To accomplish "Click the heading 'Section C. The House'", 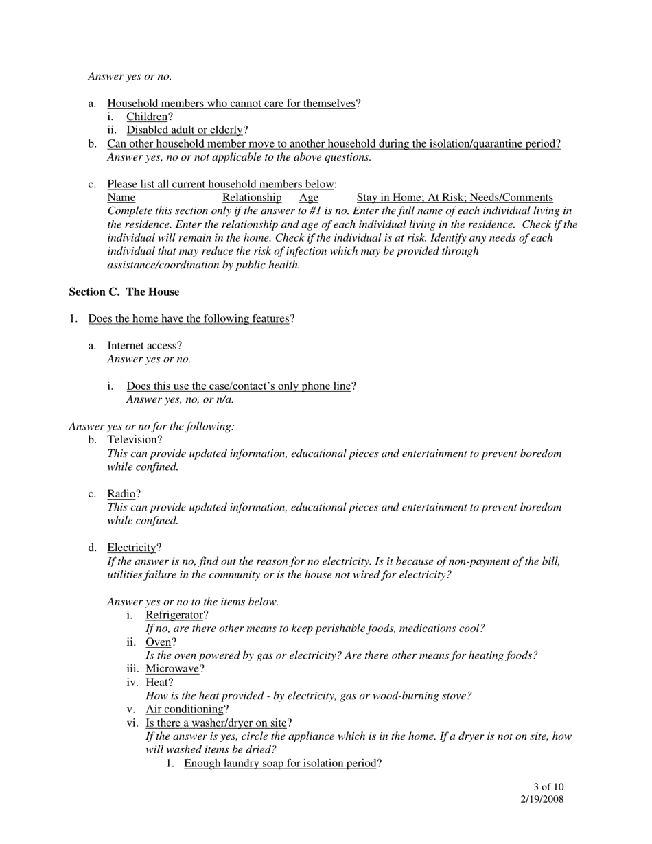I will pyautogui.click(x=124, y=292).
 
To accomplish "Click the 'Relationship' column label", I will pyautogui.click(x=252, y=198).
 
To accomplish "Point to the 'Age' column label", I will pyautogui.click(x=309, y=198).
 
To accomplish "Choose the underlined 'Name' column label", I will pyautogui.click(x=121, y=198).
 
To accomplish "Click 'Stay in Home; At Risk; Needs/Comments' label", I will pyautogui.click(x=454, y=198).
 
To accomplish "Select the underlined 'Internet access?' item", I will pyautogui.click(x=145, y=345).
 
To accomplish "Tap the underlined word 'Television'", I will pyautogui.click(x=132, y=439).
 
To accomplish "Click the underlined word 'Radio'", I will pyautogui.click(x=121, y=494).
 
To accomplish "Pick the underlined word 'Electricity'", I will pyautogui.click(x=132, y=548).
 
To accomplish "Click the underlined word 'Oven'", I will pyautogui.click(x=158, y=642).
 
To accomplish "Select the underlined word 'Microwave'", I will pyautogui.click(x=172, y=669).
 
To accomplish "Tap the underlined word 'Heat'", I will pyautogui.click(x=156, y=683).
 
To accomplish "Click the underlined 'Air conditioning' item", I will pyautogui.click(x=185, y=709).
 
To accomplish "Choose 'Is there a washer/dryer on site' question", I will pyautogui.click(x=216, y=723).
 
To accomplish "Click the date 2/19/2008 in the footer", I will pyautogui.click(x=542, y=799).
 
